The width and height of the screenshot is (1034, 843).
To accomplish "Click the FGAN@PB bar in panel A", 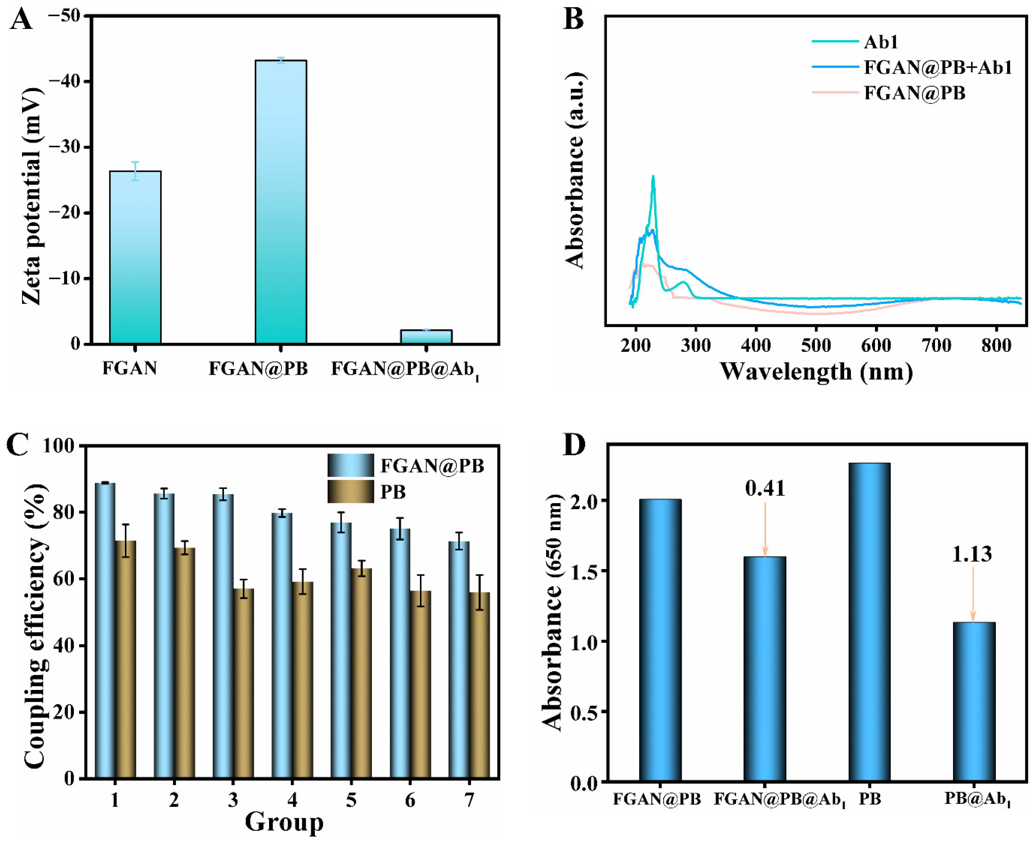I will [x=281, y=202].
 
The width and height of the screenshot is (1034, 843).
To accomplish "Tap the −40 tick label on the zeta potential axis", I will [x=68, y=82].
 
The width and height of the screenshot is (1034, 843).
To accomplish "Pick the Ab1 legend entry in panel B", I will [x=880, y=42].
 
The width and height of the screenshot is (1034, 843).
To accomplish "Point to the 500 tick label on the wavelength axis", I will [x=816, y=345].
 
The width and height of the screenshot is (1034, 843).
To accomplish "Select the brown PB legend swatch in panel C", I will [x=350, y=491].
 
